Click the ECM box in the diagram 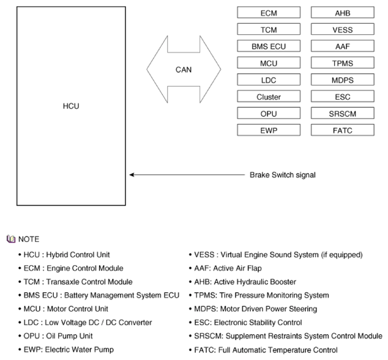[269, 13]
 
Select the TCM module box [269, 29]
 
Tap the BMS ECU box [269, 46]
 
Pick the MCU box [269, 63]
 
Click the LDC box [269, 80]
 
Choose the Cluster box [269, 97]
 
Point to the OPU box [269, 114]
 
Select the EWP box [269, 130]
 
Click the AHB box [343, 13]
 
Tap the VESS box [343, 29]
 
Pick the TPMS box [343, 63]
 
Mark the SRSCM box [343, 114]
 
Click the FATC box [343, 130]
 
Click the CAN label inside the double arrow [184, 70]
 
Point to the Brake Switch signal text [283, 175]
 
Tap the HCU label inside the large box [71, 106]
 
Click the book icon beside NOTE [11, 239]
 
